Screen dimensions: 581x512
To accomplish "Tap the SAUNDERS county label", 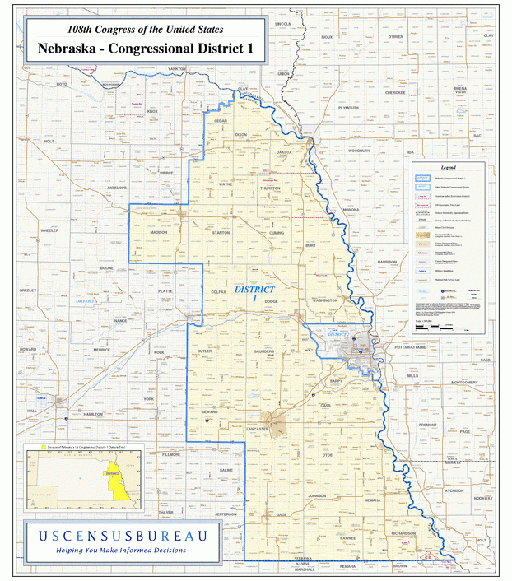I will pos(264,351).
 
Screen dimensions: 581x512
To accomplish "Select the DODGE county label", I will pos(272,302).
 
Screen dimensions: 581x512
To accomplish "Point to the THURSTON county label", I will pos(270,188).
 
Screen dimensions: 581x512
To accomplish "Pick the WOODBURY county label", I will pos(359,151).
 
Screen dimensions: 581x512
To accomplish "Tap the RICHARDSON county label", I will pos(403,534).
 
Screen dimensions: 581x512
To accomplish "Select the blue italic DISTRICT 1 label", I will pos(254,293).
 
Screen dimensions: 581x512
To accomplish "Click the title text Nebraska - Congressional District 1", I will pos(145,49).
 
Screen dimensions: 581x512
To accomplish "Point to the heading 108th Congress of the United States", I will pos(145,26).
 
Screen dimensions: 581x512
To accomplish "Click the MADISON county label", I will pos(159,233).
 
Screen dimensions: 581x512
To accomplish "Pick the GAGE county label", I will pos(282,515).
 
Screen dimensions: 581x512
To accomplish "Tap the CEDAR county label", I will pos(221,121).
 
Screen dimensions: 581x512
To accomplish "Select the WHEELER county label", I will pos(49,231).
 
